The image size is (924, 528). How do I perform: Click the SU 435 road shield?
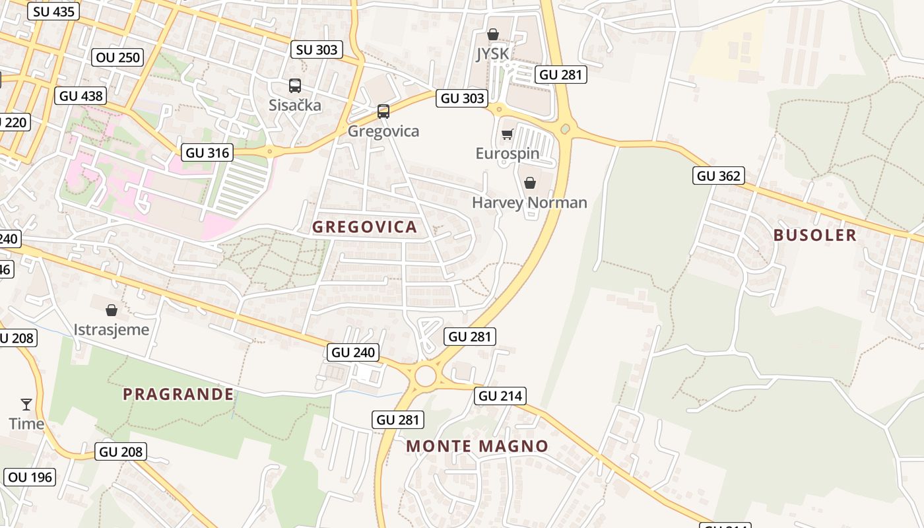point(53,11)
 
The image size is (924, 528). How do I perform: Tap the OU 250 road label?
point(118,57)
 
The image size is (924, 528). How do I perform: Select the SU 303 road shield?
point(317,49)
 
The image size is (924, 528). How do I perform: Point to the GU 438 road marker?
point(81,96)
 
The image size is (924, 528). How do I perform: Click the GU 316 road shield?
point(208,153)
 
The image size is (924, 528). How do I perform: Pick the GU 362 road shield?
point(719,176)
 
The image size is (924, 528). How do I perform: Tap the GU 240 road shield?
point(354,352)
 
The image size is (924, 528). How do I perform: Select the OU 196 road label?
point(30,477)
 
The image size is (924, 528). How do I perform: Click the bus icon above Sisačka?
point(295,86)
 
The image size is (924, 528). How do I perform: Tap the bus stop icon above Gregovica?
point(383,112)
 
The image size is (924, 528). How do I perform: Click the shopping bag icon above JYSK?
point(492,34)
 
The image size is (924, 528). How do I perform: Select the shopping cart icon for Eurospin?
point(507,135)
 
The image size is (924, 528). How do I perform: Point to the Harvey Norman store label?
point(529,202)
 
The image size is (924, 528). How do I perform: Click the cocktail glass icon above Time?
point(26,404)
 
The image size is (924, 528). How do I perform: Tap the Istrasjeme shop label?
point(112,329)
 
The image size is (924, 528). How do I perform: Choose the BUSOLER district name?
point(814,236)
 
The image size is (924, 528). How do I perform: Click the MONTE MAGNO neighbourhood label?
point(477,446)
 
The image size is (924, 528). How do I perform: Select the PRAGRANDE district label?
point(178,395)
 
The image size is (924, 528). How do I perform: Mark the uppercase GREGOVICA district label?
point(364,227)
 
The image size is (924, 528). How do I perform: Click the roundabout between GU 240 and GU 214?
point(426,376)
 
